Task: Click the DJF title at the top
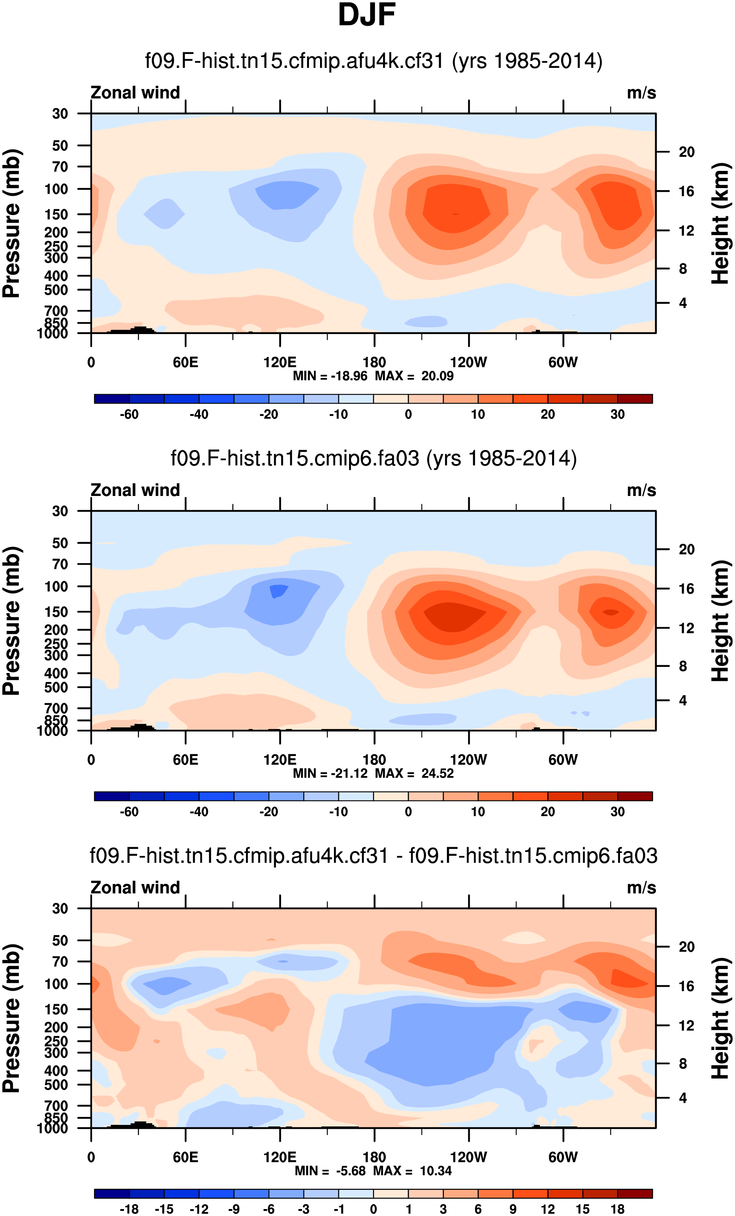(367, 15)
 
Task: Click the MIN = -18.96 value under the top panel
(330, 376)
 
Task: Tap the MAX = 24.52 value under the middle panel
(414, 773)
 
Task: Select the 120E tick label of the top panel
(280, 363)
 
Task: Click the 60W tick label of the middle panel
(563, 760)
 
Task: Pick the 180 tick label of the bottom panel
(374, 1157)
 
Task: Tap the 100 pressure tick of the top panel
(56, 189)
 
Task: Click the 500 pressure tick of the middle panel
(56, 687)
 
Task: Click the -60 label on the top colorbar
(129, 415)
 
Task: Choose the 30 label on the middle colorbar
(618, 812)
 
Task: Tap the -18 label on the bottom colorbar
(129, 1209)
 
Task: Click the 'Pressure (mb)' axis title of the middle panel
(12, 620)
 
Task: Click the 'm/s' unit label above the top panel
(641, 93)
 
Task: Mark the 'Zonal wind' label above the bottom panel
(135, 887)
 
